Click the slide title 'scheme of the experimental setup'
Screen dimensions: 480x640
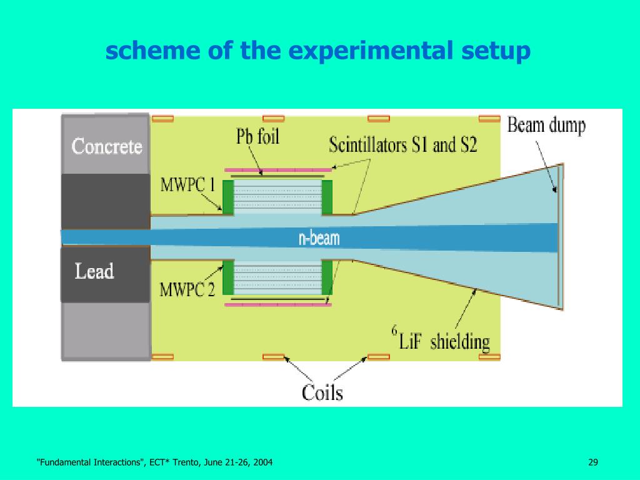click(x=317, y=51)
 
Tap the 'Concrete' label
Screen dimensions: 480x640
click(x=107, y=146)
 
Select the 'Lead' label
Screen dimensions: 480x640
click(x=94, y=271)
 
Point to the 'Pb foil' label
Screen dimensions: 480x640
click(x=257, y=137)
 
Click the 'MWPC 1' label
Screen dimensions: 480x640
click(x=187, y=185)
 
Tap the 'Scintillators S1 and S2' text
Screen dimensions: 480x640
click(x=403, y=146)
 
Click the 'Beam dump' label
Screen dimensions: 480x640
click(x=546, y=126)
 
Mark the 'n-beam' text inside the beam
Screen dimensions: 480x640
click(x=319, y=238)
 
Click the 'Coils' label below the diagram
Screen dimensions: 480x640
click(x=322, y=392)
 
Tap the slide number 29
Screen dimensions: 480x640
click(x=593, y=462)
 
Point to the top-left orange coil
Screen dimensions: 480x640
click(x=163, y=117)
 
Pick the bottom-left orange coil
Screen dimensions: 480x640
click(x=163, y=357)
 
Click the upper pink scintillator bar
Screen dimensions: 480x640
click(x=277, y=169)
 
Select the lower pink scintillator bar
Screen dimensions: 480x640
click(x=277, y=306)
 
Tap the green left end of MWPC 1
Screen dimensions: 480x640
click(x=228, y=196)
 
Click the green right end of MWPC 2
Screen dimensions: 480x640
click(x=327, y=277)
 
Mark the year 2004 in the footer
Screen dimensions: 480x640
click(x=262, y=462)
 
